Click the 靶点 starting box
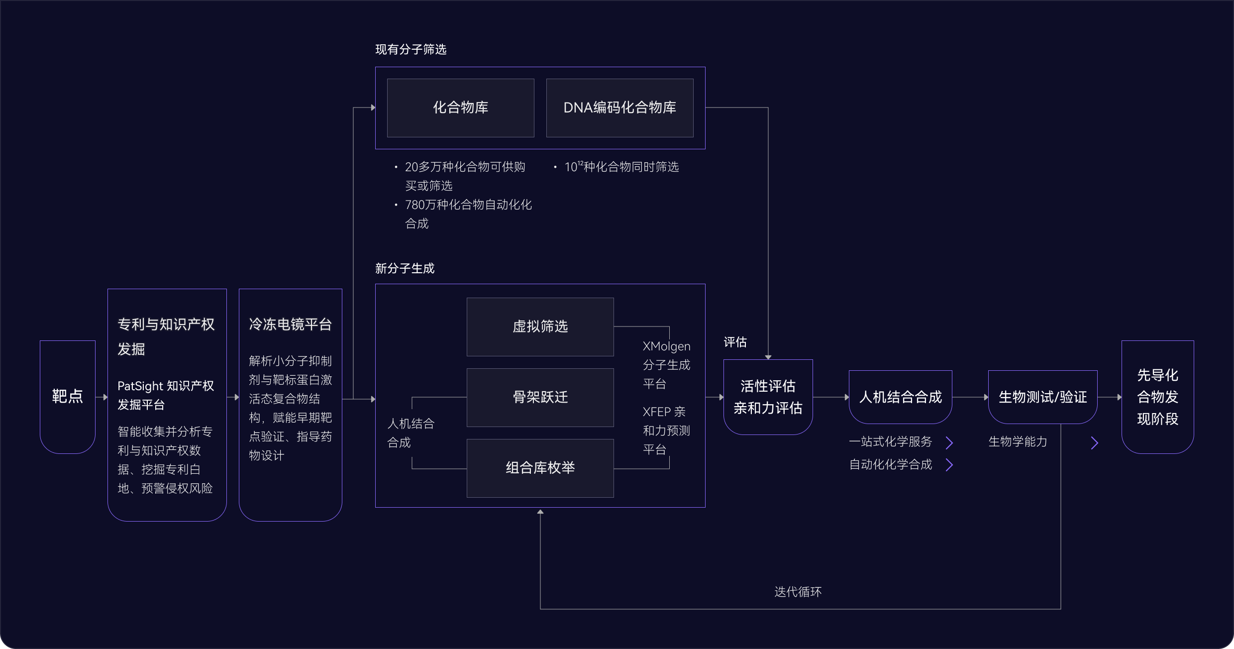[x=67, y=397]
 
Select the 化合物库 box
[x=460, y=108]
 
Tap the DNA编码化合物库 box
[x=619, y=108]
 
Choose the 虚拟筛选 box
[x=540, y=326]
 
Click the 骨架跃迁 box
[x=540, y=397]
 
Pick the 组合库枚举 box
[x=540, y=468]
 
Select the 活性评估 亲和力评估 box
[x=768, y=397]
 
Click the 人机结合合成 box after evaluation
[x=900, y=397]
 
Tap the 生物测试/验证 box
[x=1042, y=397]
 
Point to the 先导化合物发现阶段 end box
[x=1157, y=397]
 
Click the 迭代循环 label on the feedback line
[x=798, y=592]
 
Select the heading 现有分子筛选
[x=411, y=49]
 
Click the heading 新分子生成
[x=405, y=269]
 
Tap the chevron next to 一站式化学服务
[x=949, y=442]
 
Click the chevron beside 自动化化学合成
[x=949, y=465]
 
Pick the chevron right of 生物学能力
[x=1094, y=442]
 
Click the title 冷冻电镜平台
[x=290, y=324]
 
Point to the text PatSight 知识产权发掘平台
[x=166, y=395]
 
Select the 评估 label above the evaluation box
[x=735, y=342]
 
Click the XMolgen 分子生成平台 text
[x=666, y=365]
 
